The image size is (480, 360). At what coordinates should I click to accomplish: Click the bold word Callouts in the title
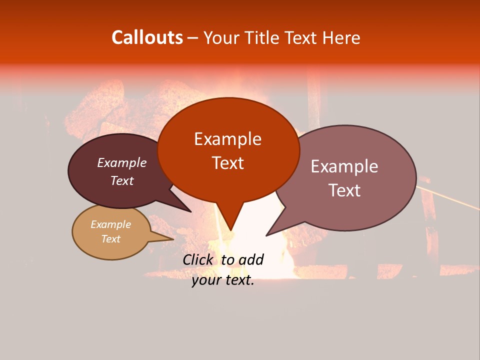tap(147, 37)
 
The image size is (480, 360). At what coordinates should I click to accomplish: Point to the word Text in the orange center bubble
tap(227, 162)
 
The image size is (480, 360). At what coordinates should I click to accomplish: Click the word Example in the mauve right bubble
tap(344, 166)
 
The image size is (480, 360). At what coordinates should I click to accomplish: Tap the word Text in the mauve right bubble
tap(344, 190)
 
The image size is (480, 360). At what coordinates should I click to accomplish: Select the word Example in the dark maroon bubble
tap(122, 162)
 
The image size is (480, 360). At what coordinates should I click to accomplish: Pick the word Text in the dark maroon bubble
tap(122, 180)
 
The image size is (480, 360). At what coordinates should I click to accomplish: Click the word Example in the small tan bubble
tap(110, 224)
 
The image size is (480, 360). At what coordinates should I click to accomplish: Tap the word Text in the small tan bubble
tap(110, 239)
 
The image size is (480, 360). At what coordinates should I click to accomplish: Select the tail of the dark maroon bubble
tap(182, 207)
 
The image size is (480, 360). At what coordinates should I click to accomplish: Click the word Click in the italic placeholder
tap(198, 259)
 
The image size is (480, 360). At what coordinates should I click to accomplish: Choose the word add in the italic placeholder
tap(250, 259)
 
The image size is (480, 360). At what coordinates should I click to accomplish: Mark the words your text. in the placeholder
tap(222, 280)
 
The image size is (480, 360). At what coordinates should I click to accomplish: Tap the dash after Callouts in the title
tap(193, 37)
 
